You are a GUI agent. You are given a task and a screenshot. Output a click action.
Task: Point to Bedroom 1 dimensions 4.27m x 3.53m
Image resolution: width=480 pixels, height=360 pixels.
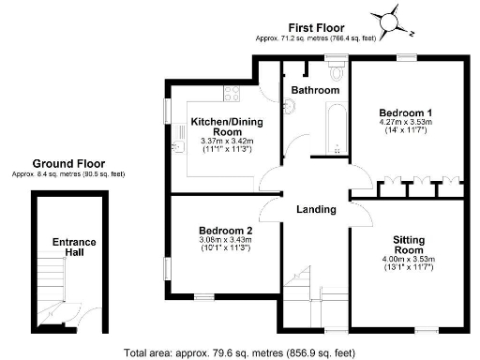click(x=404, y=126)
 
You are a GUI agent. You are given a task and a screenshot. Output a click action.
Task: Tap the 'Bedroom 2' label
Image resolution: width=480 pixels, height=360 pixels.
click(x=225, y=230)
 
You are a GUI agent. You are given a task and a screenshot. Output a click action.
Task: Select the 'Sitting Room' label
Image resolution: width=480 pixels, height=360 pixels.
click(x=408, y=246)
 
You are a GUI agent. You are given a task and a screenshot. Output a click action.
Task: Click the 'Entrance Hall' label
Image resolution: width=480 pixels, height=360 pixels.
click(x=74, y=248)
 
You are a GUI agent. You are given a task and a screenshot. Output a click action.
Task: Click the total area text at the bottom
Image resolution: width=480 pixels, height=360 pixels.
click(x=241, y=352)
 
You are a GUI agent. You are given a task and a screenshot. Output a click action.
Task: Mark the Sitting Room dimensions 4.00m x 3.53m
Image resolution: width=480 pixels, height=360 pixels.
click(x=408, y=264)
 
